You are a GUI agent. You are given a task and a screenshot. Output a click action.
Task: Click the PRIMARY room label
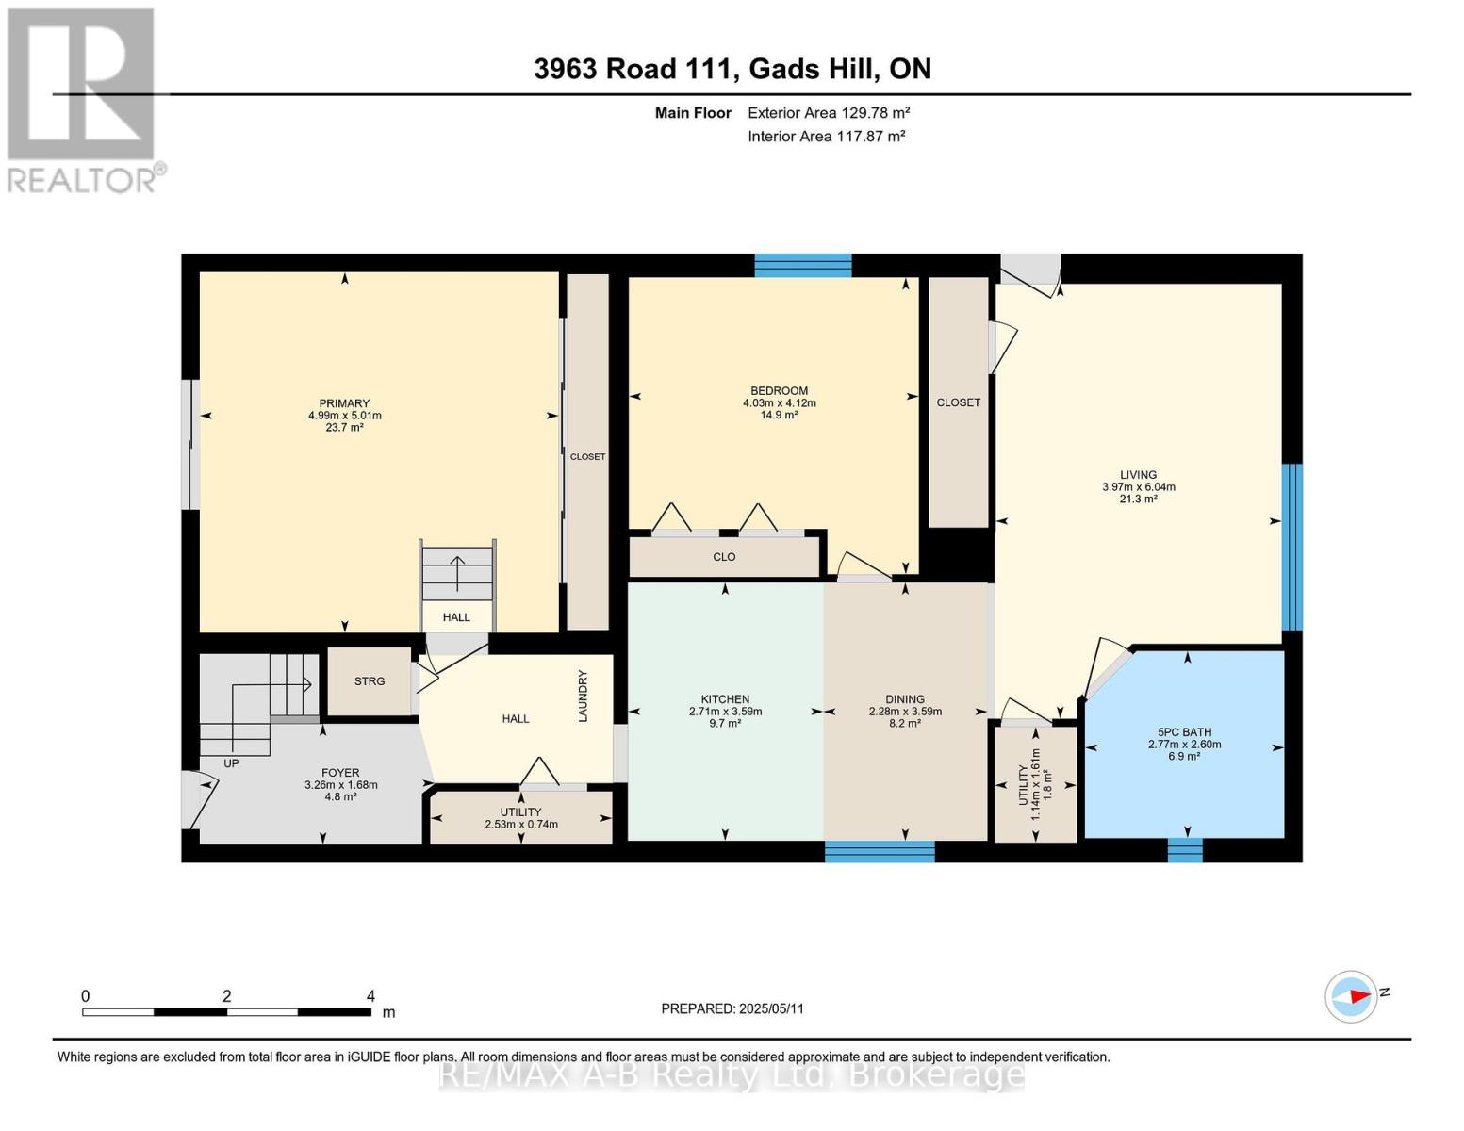[x=344, y=403]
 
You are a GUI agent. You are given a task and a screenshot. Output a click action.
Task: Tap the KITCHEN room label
[x=725, y=699]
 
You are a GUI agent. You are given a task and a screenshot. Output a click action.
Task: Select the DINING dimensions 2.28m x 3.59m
[x=905, y=712]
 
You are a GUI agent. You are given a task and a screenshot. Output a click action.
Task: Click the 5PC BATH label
[x=1184, y=732]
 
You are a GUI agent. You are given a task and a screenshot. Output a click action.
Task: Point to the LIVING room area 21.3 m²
[x=1138, y=500]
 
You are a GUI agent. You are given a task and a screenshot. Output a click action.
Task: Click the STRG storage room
[x=370, y=681]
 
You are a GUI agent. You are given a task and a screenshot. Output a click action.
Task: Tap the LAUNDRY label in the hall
[x=583, y=697]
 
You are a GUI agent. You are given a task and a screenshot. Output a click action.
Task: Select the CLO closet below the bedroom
[x=724, y=557]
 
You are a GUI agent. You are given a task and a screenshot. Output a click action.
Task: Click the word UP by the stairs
[x=231, y=763]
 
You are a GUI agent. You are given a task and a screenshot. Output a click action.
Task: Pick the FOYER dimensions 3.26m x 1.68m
[x=340, y=785]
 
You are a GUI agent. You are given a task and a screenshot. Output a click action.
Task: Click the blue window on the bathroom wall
[x=1185, y=850]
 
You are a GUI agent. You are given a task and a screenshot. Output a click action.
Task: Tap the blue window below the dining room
[x=880, y=852]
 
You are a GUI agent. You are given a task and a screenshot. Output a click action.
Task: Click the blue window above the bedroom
[x=802, y=265]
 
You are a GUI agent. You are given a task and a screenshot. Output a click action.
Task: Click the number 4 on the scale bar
[x=370, y=996]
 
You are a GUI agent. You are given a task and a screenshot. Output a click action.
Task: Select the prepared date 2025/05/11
[x=732, y=1008]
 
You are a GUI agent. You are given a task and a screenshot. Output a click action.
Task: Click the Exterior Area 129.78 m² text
[x=829, y=113]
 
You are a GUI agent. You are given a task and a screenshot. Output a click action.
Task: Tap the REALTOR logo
[x=82, y=99]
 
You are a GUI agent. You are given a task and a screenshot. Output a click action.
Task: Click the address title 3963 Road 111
[x=633, y=69]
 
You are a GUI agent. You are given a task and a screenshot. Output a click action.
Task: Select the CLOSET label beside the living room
[x=958, y=402]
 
